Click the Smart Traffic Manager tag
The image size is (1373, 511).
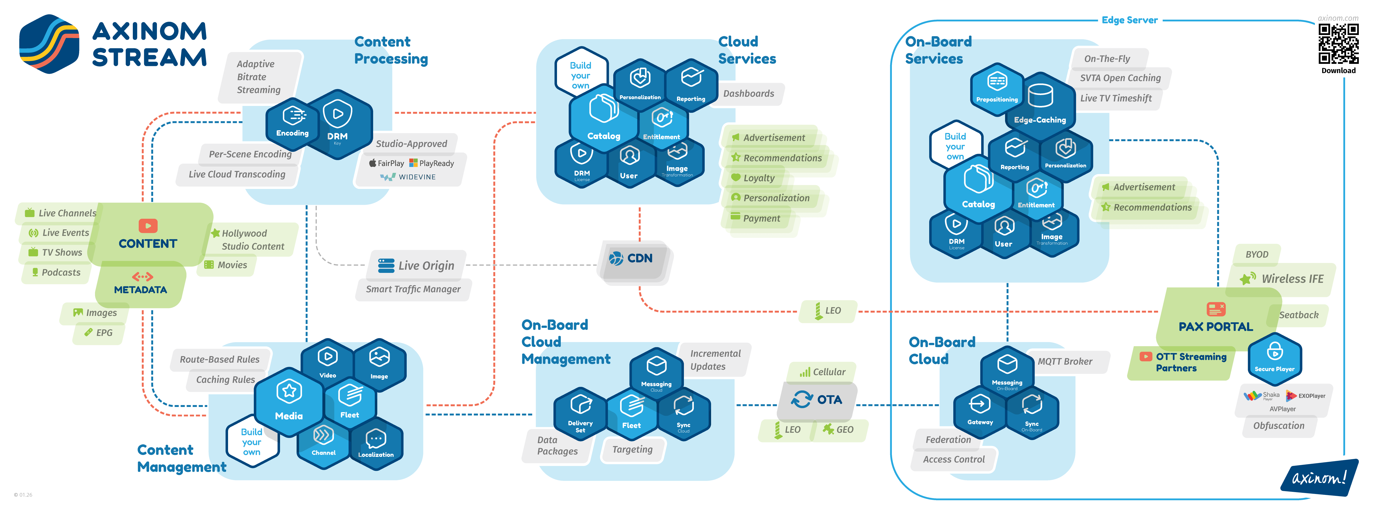pyautogui.click(x=413, y=289)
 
